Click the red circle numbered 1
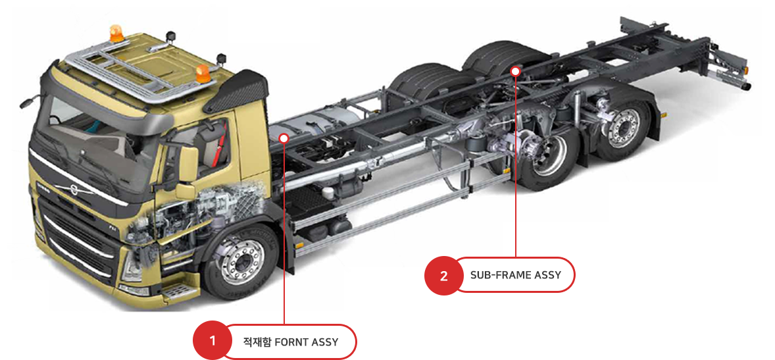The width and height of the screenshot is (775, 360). point(213,342)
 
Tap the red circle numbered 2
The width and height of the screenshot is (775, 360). point(444,275)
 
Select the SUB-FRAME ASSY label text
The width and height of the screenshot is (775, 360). point(516,275)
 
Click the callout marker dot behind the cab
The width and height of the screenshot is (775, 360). point(284,138)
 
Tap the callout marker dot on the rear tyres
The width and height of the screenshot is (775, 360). point(516,70)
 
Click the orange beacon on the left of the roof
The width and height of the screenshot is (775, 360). point(116,34)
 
